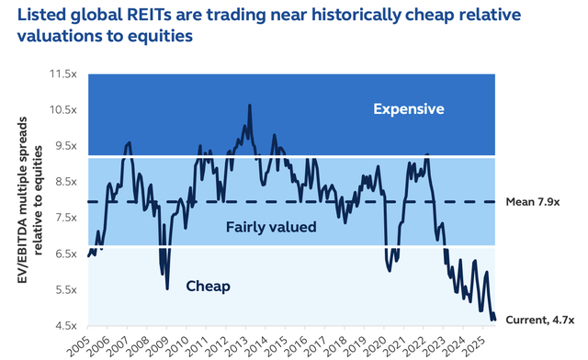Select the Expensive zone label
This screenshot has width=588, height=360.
(x=408, y=109)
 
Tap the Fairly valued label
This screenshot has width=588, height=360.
(x=271, y=227)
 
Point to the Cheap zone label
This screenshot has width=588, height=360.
(x=208, y=286)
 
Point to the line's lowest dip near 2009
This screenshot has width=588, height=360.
(x=167, y=288)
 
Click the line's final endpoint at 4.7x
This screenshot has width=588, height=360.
(x=494, y=319)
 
